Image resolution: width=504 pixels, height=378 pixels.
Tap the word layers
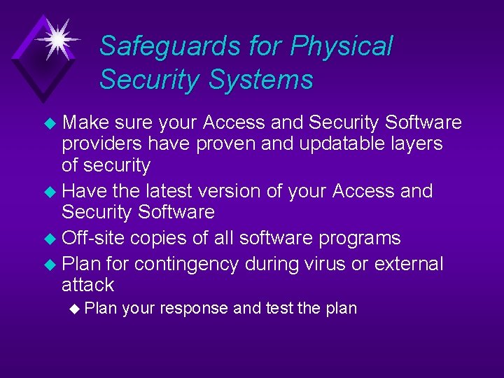click(x=417, y=144)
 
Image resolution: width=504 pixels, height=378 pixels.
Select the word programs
click(x=359, y=238)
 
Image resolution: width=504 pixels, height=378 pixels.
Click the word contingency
click(x=190, y=264)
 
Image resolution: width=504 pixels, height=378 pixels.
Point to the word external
click(x=409, y=264)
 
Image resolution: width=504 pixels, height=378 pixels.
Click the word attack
click(x=87, y=285)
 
